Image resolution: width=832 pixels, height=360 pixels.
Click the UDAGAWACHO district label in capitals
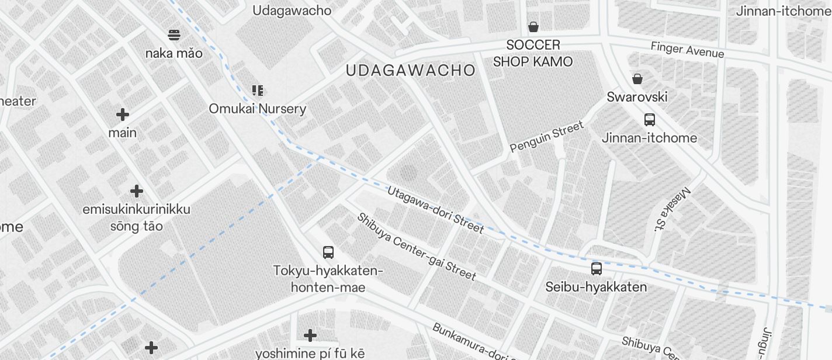pyautogui.click(x=410, y=71)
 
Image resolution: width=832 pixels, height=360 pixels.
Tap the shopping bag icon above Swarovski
pyautogui.click(x=637, y=79)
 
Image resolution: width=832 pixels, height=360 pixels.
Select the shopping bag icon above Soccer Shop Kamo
pyautogui.click(x=533, y=27)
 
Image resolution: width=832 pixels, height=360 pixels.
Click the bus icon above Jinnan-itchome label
pyautogui.click(x=649, y=120)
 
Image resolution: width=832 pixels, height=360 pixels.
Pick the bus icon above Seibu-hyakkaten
pyautogui.click(x=596, y=269)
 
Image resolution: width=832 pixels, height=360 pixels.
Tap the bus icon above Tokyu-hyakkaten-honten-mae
pyautogui.click(x=328, y=252)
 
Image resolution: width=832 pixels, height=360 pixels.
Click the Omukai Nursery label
pyautogui.click(x=258, y=109)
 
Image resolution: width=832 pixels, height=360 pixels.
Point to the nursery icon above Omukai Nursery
pyautogui.click(x=258, y=91)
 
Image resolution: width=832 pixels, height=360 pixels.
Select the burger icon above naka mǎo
pyautogui.click(x=174, y=35)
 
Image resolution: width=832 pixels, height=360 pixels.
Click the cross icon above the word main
pyautogui.click(x=123, y=115)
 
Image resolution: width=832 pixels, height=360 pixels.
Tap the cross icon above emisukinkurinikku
pyautogui.click(x=137, y=191)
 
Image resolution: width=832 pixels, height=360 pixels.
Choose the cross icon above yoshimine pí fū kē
pyautogui.click(x=310, y=335)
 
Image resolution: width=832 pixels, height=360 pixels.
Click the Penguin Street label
pyautogui.click(x=546, y=137)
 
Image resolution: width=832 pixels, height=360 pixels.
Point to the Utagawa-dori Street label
pyautogui.click(x=435, y=209)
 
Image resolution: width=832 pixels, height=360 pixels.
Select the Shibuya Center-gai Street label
pyautogui.click(x=417, y=246)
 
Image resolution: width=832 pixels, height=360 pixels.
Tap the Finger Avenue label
pyautogui.click(x=687, y=50)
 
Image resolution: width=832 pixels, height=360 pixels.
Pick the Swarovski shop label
pyautogui.click(x=637, y=97)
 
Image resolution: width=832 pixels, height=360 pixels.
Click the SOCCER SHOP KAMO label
pyautogui.click(x=533, y=53)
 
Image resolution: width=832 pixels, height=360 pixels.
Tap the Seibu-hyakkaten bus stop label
pyautogui.click(x=596, y=287)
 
